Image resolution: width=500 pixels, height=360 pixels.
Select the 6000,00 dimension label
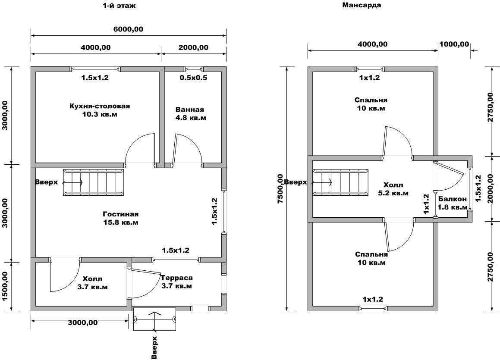click(128, 29)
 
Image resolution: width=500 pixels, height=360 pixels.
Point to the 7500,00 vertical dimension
click(280, 189)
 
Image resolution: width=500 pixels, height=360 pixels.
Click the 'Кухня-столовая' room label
click(99, 106)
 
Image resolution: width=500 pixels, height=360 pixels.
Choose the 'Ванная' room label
click(190, 110)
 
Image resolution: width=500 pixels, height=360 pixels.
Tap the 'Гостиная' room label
click(121, 214)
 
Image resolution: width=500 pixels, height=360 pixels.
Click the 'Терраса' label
click(177, 278)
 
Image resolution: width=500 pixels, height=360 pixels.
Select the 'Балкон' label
click(453, 199)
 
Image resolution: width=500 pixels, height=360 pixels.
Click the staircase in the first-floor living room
click(94, 183)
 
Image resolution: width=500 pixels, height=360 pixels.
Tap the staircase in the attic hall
click(340, 182)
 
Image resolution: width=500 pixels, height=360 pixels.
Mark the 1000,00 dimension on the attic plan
click(454, 44)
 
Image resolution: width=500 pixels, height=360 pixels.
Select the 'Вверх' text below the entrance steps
click(154, 347)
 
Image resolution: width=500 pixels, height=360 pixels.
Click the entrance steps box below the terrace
click(154, 319)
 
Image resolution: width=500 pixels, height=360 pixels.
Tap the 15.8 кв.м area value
click(121, 222)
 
